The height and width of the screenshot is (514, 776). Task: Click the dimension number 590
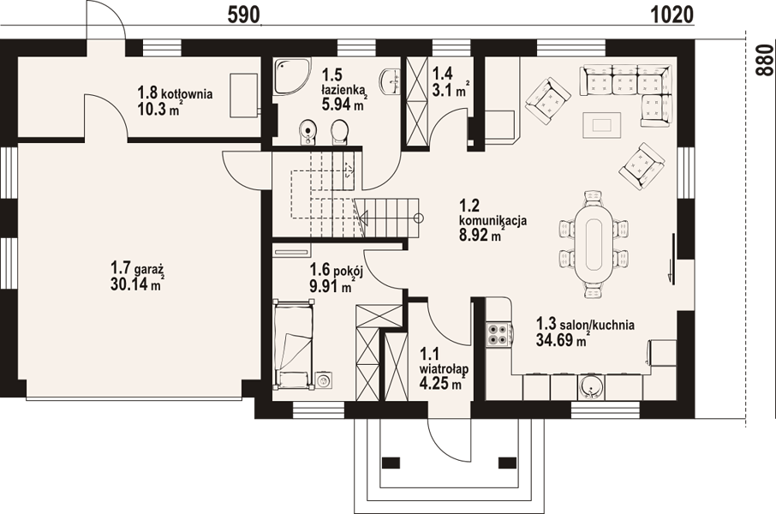(x=243, y=15)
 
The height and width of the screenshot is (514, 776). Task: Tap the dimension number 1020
(x=672, y=15)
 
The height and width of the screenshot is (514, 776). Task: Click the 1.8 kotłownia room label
(x=176, y=93)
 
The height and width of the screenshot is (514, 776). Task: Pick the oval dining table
(x=594, y=244)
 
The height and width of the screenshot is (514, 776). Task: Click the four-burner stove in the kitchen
(x=498, y=334)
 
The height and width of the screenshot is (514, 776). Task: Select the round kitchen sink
(x=590, y=386)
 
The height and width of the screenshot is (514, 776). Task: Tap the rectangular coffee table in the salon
(x=602, y=125)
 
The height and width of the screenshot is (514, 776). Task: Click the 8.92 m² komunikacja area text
(x=480, y=236)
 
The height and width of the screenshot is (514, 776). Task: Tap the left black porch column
(x=391, y=463)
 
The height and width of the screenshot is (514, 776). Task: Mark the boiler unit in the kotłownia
(x=244, y=95)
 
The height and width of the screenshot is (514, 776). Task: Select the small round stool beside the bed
(x=324, y=380)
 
